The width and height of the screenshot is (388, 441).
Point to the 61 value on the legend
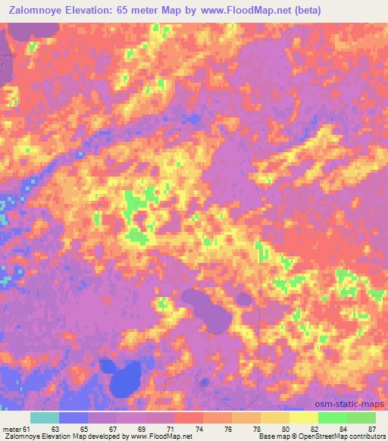[28, 429]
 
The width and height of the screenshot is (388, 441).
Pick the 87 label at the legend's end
[371, 429]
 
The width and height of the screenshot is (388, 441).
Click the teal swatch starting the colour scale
[45, 418]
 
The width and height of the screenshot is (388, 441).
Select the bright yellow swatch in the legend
[304, 418]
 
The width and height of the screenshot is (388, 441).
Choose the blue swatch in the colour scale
[74, 418]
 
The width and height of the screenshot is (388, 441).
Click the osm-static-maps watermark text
[349, 405]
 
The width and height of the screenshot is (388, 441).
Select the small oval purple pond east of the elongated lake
[243, 299]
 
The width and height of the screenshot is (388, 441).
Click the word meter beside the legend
[11, 429]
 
